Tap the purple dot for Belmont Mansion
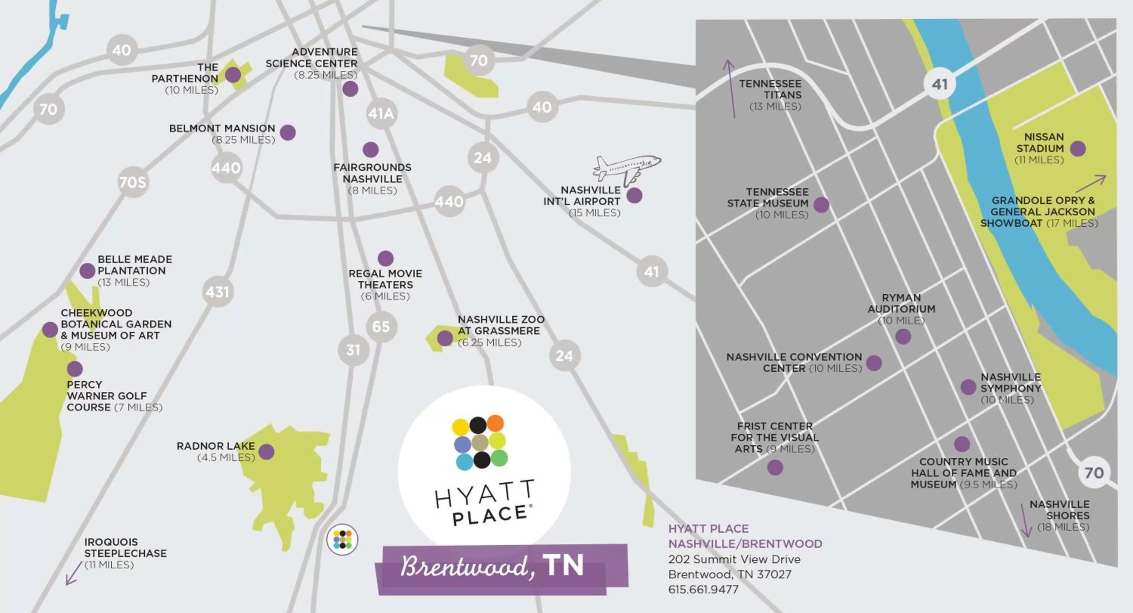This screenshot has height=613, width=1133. click(x=288, y=132)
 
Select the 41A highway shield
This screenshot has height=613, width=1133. click(x=381, y=113)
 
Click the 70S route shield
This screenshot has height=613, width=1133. click(x=133, y=182)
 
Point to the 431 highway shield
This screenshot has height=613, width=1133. click(x=217, y=291)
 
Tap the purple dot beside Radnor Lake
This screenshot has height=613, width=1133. click(x=267, y=452)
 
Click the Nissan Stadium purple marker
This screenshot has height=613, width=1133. click(x=1077, y=148)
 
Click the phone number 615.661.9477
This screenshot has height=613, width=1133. click(x=703, y=589)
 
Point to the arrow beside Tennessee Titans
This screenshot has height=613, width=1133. click(x=730, y=88)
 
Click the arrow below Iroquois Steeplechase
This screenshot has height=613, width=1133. click(x=74, y=573)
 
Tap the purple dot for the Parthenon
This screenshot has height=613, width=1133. click(x=233, y=75)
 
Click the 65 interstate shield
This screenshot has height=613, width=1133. click(x=381, y=327)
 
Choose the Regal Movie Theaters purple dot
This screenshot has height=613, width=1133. click(x=385, y=258)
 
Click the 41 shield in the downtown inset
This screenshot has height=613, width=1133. click(x=940, y=84)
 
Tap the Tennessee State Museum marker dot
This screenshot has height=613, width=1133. click(x=821, y=204)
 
